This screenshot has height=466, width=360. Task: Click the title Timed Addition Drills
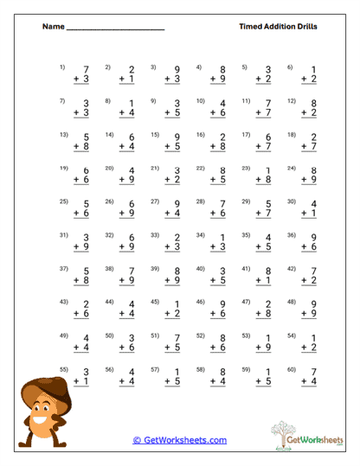pos(278,27)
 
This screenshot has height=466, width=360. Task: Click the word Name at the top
pos(53,27)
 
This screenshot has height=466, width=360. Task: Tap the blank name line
pos(115,30)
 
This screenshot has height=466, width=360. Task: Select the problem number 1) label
pos(62,67)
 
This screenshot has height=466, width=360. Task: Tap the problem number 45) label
pos(154,301)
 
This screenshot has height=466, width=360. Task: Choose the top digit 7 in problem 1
pos(86,70)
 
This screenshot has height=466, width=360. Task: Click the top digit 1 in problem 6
pos(313,70)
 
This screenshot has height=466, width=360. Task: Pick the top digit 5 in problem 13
pos(86,137)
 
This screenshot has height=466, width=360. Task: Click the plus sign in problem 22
pos(213,180)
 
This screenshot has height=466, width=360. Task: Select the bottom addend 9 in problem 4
pos(222,80)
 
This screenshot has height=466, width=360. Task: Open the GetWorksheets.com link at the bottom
pos(179,440)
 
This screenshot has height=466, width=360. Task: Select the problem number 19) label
pos(63,168)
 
